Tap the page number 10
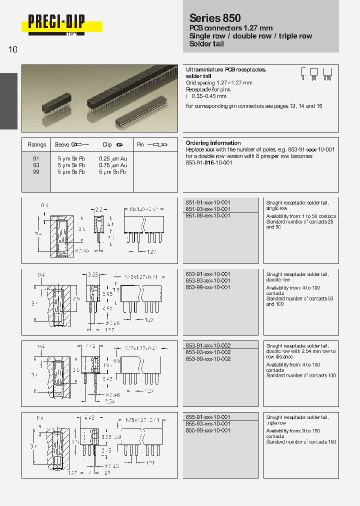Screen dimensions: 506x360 [x=13, y=49]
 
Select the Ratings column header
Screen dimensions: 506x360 [x=36, y=144]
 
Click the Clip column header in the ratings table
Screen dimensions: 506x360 [x=107, y=144]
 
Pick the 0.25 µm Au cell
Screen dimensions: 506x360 [x=113, y=158]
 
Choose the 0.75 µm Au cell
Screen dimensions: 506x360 [x=113, y=165]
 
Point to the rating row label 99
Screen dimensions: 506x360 [x=36, y=171]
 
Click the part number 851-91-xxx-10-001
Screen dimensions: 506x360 [x=207, y=202]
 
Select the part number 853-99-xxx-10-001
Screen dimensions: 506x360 [x=207, y=287]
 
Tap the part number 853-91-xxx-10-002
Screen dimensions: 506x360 [x=207, y=345]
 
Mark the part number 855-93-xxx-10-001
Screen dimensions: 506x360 [x=207, y=423]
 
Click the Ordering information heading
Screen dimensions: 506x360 [x=213, y=143]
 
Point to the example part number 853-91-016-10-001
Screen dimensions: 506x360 [x=210, y=163]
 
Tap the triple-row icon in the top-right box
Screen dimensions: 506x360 [x=327, y=73]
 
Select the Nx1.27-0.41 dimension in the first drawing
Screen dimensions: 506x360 [x=143, y=208]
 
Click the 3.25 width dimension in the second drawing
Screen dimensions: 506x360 [x=92, y=275]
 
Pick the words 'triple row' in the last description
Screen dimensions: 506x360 [x=276, y=423]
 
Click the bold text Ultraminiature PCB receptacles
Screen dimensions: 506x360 [x=225, y=70]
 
